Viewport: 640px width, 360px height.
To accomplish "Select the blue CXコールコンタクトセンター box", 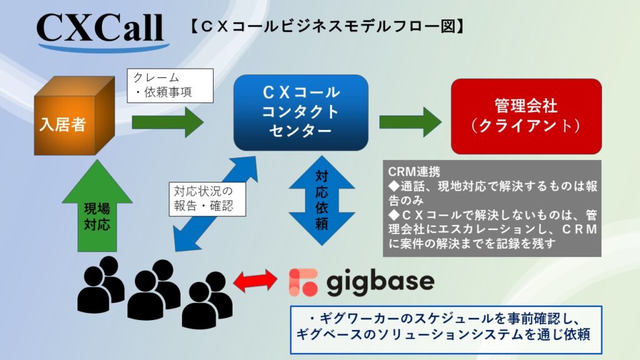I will point(301,112).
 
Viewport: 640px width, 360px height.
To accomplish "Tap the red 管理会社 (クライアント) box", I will point(526,116).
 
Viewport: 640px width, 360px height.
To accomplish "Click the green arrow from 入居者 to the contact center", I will point(167,122).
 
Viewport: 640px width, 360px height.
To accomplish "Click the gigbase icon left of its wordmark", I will point(303,282).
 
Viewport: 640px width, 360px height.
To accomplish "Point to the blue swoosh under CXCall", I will point(103,46).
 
